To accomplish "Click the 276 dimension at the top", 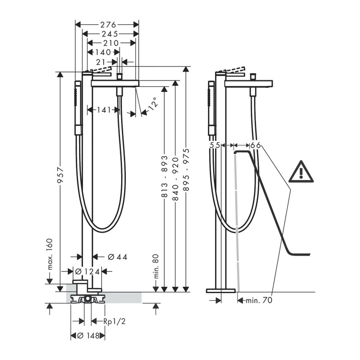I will coord(108,25).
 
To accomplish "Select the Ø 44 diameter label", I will coord(117,257).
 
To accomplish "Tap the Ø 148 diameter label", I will coord(88,336).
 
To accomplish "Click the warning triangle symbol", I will coord(301,172).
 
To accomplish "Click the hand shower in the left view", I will coord(78,108).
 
